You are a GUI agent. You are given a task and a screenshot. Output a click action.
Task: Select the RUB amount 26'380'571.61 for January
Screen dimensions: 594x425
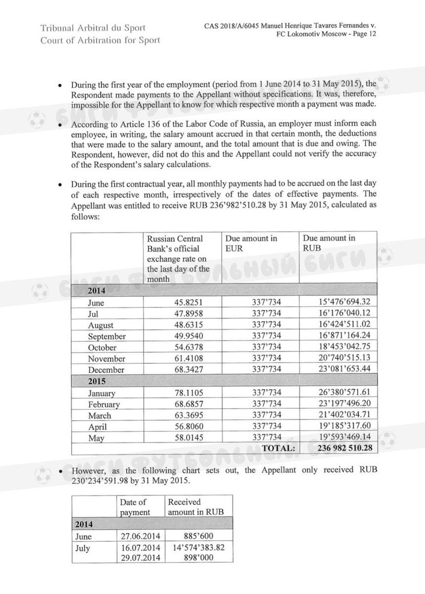(x=341, y=393)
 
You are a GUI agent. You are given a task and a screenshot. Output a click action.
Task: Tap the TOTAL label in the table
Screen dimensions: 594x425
(x=279, y=448)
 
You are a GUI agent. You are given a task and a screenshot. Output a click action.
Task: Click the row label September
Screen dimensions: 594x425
(x=106, y=337)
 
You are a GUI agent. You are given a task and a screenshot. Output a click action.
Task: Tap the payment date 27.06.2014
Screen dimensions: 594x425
(x=140, y=536)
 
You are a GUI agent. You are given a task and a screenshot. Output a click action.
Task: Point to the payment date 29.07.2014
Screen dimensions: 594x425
(x=140, y=558)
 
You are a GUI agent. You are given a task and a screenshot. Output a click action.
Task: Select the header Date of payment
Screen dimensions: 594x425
(x=135, y=507)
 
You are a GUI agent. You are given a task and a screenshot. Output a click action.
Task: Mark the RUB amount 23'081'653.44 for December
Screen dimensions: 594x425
(x=341, y=369)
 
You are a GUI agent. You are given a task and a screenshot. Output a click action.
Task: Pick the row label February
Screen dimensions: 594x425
(x=104, y=404)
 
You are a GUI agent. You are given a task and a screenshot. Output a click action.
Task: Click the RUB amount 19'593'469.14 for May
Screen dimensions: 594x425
(x=341, y=437)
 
